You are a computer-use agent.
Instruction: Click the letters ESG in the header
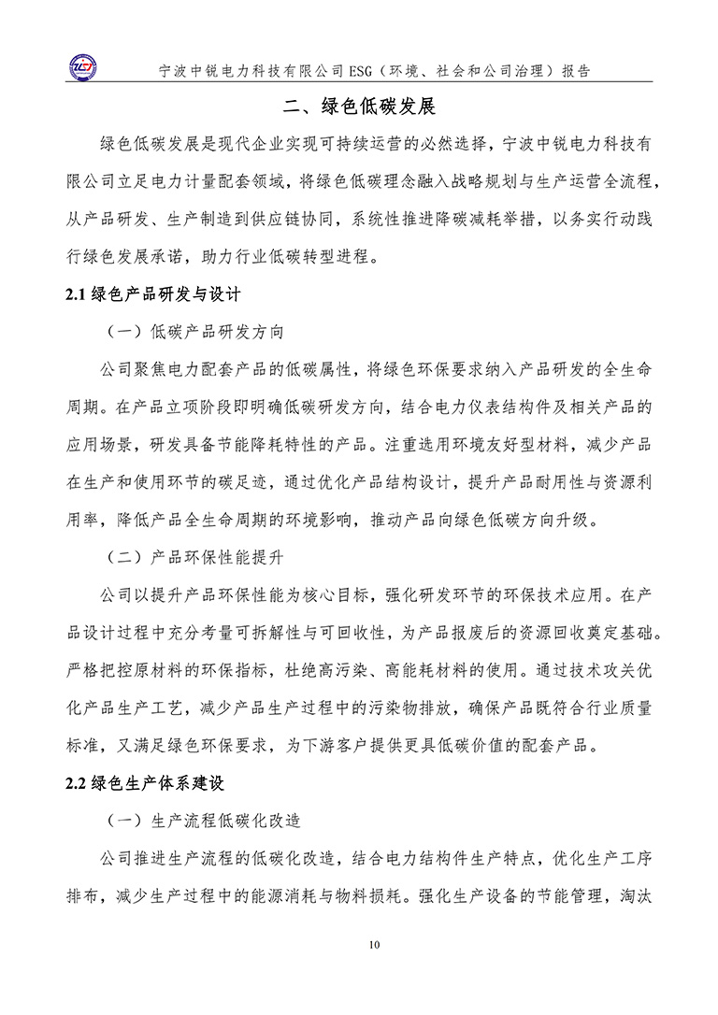(335, 70)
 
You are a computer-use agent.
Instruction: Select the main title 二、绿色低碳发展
(359, 106)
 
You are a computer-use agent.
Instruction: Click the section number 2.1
(76, 295)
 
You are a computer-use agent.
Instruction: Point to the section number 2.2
(76, 783)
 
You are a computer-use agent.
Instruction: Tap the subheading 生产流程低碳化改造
(225, 821)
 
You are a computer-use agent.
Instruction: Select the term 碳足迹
(270, 482)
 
